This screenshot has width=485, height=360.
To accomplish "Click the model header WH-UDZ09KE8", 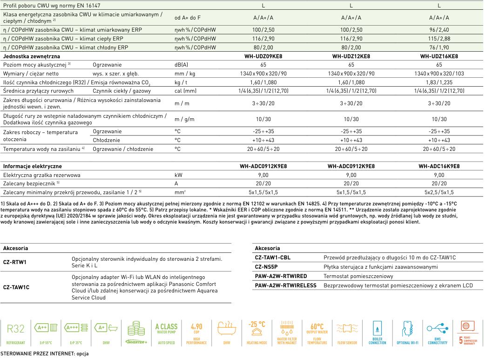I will coord(263,56).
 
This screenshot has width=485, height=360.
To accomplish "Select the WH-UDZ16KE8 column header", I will coord(439,56).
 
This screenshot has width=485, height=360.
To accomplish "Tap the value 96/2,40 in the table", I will coord(439,30).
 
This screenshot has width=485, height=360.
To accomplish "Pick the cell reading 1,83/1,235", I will coord(439,82).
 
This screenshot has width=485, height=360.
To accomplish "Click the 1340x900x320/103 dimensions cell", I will coord(439,74).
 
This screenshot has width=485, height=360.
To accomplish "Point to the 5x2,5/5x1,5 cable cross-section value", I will coord(439,192).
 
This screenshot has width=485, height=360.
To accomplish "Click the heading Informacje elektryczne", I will coord(32,166).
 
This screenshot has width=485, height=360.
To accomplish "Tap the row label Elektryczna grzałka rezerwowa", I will coord(41,175).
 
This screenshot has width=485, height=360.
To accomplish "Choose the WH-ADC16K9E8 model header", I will coord(439,166).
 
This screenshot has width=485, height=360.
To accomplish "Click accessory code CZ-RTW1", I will coord(14,262).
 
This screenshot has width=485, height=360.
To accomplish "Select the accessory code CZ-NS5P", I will coord(266,267).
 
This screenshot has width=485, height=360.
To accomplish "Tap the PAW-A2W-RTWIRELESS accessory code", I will coord(285,285).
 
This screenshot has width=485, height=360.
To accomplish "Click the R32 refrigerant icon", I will coord(15,332).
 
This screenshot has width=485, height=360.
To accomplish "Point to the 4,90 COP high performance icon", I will coord(196,332).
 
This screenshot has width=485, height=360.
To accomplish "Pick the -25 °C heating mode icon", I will coord(256,332).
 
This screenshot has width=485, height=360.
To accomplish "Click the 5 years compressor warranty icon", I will coord(467,332).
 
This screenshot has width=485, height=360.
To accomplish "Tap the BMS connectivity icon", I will coord(438,332).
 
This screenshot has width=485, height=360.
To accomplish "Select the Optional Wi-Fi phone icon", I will coord(407,332).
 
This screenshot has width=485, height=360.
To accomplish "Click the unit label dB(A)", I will coord(181,65).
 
